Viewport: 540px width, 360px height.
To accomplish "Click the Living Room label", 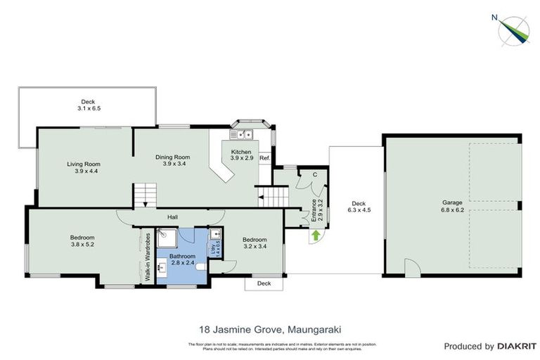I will click(84, 164).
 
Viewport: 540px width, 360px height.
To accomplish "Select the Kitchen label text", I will click(241, 152).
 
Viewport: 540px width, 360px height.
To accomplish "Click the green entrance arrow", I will click(316, 236).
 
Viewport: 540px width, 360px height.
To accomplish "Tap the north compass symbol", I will click(513, 28).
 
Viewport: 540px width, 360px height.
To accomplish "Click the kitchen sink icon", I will click(244, 134).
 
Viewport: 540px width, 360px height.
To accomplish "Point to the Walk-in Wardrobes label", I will click(148, 257).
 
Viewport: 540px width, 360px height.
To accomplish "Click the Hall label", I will click(172, 217).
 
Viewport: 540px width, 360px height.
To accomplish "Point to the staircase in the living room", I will click(146, 193).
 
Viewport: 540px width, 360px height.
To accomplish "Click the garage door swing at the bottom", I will click(413, 268).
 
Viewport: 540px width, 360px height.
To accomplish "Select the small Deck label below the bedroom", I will click(264, 283).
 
